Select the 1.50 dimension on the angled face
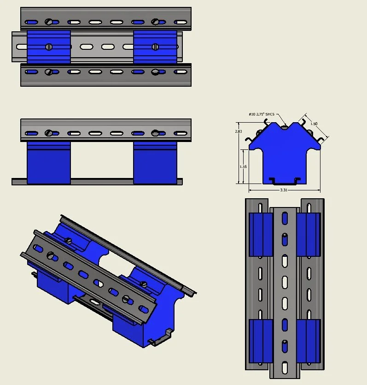[x=314, y=124]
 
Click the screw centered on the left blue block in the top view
[x=49, y=47]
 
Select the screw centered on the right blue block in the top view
[x=155, y=47]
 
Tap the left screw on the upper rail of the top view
[x=49, y=22]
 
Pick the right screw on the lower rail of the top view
[x=156, y=72]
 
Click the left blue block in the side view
[x=49, y=164]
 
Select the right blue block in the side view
[x=155, y=164]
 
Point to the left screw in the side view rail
[x=49, y=133]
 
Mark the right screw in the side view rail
[x=156, y=133]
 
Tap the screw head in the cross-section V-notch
[x=285, y=125]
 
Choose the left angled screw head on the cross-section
[x=259, y=133]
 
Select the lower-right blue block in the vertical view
[x=309, y=341]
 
